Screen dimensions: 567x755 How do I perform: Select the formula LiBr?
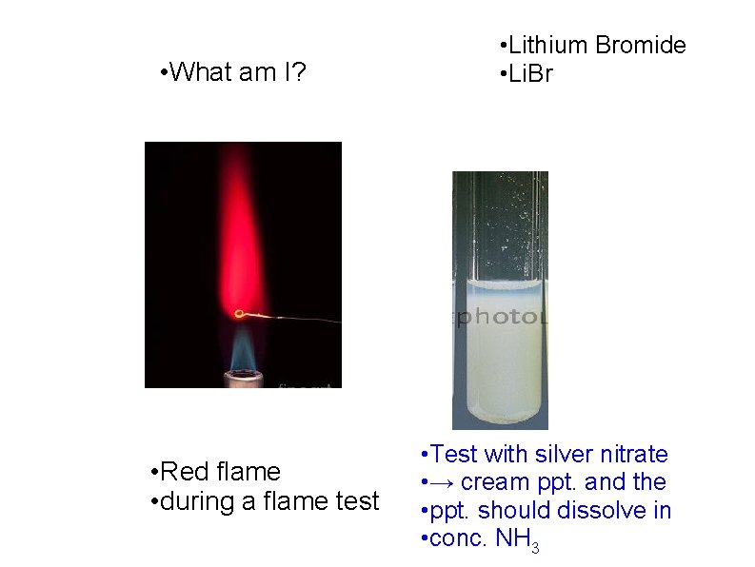click(x=530, y=74)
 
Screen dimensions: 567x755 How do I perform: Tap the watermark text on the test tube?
click(x=500, y=319)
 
